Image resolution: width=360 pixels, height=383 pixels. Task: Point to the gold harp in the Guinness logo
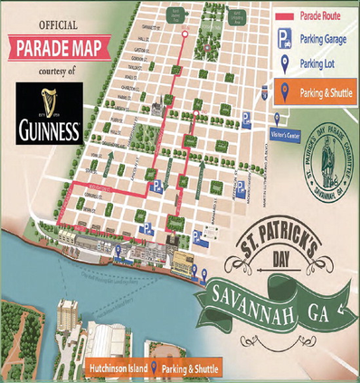50,101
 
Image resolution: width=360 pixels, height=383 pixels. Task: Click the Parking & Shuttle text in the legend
320,90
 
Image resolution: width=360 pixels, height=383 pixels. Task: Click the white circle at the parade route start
185,34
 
